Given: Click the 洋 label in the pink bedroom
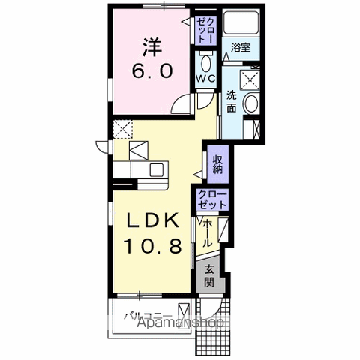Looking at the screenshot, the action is (152, 47).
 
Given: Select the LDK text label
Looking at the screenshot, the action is (153, 220).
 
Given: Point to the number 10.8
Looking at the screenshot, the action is (153, 245).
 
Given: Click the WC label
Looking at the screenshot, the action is (205, 79).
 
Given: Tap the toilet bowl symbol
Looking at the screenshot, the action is (205, 63).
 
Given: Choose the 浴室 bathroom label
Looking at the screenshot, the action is (241, 47).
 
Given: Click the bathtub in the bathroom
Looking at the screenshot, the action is (241, 23).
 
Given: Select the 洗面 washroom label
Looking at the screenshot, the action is (232, 101).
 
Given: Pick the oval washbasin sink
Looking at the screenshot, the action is (252, 103).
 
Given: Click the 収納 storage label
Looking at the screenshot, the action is (217, 164).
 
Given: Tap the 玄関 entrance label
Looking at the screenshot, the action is (209, 276).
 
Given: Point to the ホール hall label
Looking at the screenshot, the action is (208, 234).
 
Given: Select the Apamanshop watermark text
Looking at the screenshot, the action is (181, 322).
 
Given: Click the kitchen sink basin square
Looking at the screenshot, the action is (157, 170).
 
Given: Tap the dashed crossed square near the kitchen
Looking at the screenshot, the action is (122, 129).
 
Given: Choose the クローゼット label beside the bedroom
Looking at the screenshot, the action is (205, 31).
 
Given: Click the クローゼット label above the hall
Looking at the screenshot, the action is (212, 199).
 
